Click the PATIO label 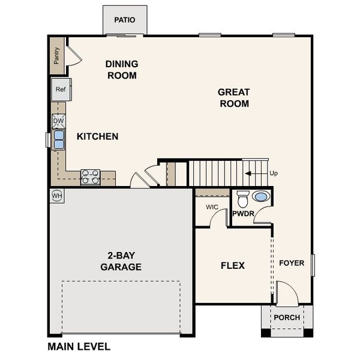tap(125, 20)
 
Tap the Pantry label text tap(56, 56)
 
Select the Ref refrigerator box tap(61, 89)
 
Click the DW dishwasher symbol tap(58, 121)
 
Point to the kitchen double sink tap(59, 140)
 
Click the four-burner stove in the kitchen tap(90, 176)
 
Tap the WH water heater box tap(57, 196)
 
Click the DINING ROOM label tap(122, 70)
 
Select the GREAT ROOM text tap(233, 98)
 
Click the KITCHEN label tap(97, 137)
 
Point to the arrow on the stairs tap(255, 173)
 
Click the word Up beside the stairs tap(274, 173)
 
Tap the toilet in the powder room tap(243, 197)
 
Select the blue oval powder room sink tap(261, 196)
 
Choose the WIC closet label tap(212, 207)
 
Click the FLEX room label tap(233, 265)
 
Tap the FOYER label tap(292, 263)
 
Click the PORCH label tap(286, 317)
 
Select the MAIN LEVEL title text tap(79, 346)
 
